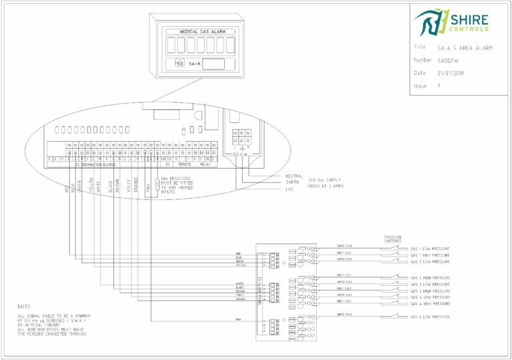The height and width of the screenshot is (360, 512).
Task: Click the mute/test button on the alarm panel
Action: click(179, 64)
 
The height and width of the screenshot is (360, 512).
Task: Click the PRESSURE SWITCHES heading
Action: click(393, 239)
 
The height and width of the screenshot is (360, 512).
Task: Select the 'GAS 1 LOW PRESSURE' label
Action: click(429, 249)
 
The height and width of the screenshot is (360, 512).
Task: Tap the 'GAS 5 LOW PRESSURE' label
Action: click(429, 317)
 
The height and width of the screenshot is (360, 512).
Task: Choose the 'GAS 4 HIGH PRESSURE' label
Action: click(430, 305)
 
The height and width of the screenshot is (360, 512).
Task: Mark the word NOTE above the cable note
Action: click(23, 306)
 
